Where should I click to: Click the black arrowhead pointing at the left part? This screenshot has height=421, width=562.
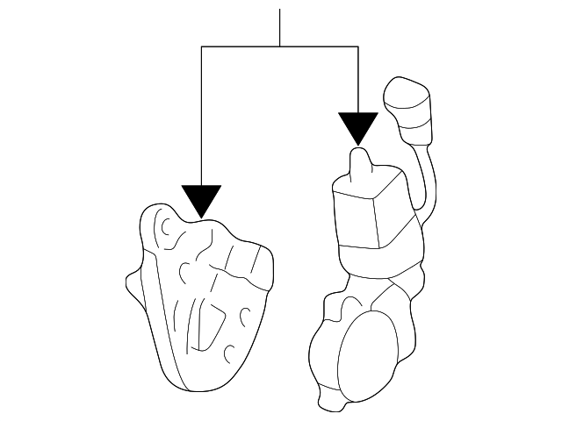tap(202, 199)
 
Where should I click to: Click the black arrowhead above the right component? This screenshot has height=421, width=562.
tap(358, 127)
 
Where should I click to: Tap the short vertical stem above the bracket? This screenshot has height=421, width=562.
tap(280, 26)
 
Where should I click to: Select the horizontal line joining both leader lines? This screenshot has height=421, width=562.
tap(280, 46)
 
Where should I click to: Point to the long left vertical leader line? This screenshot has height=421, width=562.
tap(202, 114)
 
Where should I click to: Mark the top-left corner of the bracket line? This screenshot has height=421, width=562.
tap(202, 46)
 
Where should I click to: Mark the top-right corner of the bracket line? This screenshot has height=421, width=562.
tap(358, 46)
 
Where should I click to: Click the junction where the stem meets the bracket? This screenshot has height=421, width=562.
tap(280, 46)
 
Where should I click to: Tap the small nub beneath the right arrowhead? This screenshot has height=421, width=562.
tap(359, 162)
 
